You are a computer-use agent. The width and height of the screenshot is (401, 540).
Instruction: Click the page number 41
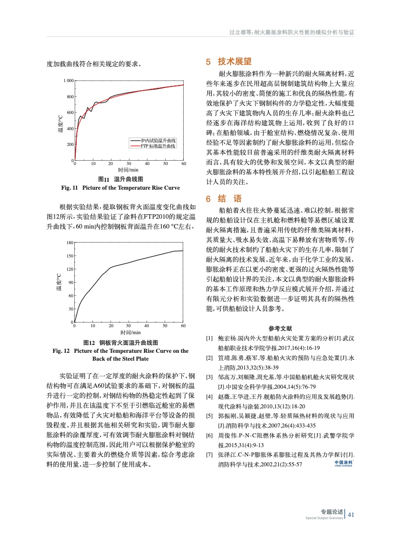351,515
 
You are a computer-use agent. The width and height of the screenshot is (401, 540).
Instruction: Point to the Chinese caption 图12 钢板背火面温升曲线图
120,342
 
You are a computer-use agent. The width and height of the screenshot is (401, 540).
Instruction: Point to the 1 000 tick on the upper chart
68,81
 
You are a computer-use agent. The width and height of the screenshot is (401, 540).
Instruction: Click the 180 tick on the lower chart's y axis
69,243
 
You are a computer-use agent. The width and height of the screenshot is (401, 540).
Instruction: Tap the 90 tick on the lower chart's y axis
70,283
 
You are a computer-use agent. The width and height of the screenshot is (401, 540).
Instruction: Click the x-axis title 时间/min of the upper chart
129,170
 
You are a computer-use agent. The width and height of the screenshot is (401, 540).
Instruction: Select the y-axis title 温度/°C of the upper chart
59,121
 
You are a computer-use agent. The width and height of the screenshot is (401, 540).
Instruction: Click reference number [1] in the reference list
209,339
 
